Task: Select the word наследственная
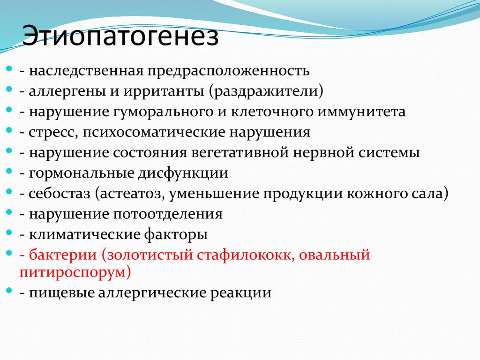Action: pyautogui.click(x=85, y=71)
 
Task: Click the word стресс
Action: pyautogui.click(x=52, y=132)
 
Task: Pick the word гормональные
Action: pyautogui.click(x=80, y=173)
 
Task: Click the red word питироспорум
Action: pyautogui.click(x=75, y=272)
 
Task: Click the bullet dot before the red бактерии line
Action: pyautogui.click(x=10, y=253)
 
